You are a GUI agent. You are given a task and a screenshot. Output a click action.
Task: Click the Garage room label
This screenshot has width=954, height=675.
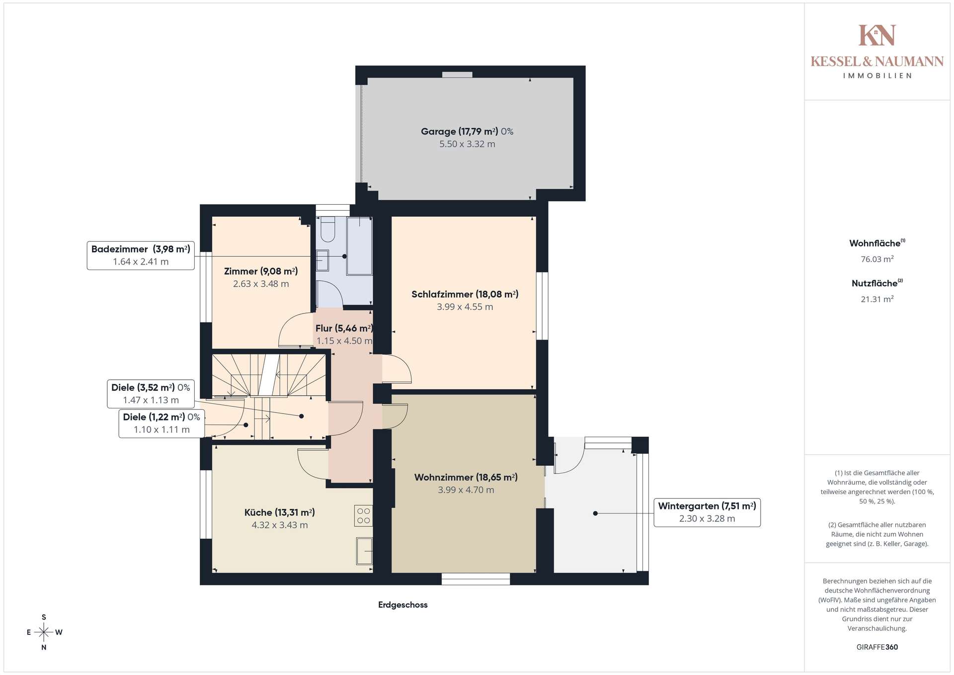467,138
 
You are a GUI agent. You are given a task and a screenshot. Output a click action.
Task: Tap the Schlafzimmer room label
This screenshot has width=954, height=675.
465,300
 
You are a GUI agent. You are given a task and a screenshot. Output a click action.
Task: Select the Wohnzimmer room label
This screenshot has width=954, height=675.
466,483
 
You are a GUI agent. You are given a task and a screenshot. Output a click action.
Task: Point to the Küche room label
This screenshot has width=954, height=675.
280,518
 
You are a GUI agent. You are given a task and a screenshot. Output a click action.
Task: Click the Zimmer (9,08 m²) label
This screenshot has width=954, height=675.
261,277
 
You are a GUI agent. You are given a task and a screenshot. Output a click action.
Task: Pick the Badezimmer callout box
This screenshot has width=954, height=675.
141,255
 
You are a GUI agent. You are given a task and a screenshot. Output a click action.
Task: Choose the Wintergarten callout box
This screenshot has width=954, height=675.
707,512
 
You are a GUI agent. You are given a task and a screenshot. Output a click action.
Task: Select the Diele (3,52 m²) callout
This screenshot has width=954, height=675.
151,394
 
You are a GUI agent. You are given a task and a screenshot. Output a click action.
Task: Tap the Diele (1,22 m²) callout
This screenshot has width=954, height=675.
161,423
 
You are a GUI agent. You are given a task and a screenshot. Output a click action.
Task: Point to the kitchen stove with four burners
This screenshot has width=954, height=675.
364,515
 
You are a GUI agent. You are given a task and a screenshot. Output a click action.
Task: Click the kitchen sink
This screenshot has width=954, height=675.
364,551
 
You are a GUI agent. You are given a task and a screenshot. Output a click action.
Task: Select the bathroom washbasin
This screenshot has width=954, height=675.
322,260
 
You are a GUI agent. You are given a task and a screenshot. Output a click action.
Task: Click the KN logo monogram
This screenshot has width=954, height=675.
877,35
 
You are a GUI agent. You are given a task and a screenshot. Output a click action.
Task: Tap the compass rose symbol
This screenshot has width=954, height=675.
44,632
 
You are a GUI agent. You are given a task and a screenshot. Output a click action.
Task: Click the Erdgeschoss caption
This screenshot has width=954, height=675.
403,605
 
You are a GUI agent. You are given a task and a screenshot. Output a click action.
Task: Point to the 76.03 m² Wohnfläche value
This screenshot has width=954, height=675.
877,259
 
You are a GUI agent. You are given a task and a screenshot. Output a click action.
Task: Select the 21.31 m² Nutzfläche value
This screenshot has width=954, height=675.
877,299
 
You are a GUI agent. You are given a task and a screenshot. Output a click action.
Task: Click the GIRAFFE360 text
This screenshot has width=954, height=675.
877,647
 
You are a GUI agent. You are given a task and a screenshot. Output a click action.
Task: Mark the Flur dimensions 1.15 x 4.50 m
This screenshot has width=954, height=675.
344,341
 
